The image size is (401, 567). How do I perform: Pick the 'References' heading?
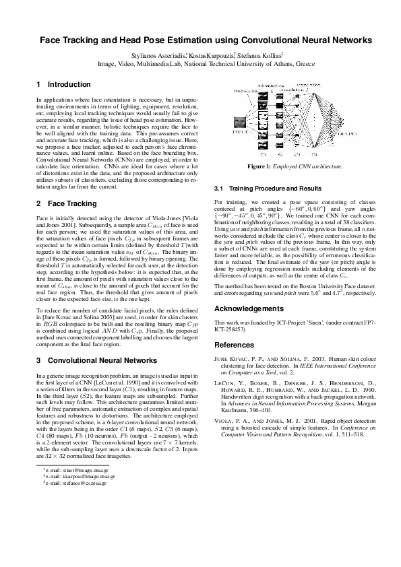[235, 344]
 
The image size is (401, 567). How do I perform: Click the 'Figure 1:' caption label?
[259, 166]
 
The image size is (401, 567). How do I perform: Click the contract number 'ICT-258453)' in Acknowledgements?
[230, 331]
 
